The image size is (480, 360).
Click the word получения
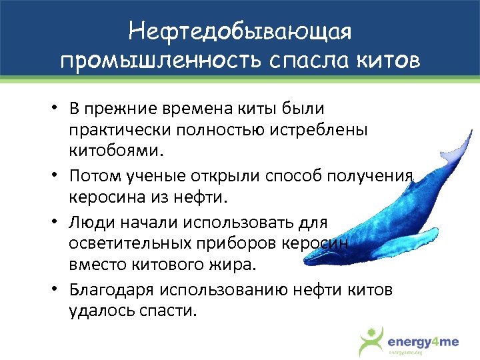click(369, 176)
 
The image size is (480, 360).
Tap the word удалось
click(97, 311)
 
